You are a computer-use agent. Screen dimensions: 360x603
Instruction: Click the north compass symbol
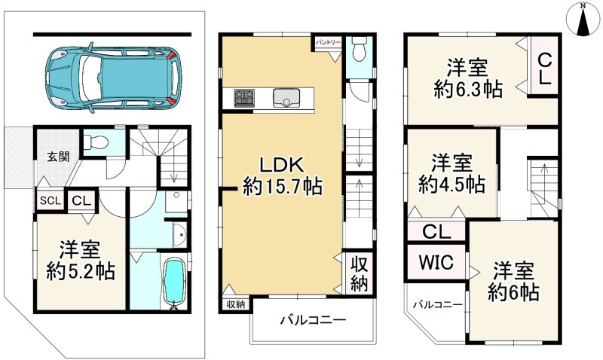click(x=582, y=19)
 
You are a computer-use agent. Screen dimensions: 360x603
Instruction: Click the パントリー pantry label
click(x=329, y=43)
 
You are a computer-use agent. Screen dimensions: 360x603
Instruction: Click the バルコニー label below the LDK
click(x=313, y=321)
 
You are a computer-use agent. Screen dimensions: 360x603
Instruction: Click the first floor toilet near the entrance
click(x=96, y=142)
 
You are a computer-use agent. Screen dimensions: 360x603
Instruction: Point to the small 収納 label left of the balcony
click(x=236, y=304)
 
